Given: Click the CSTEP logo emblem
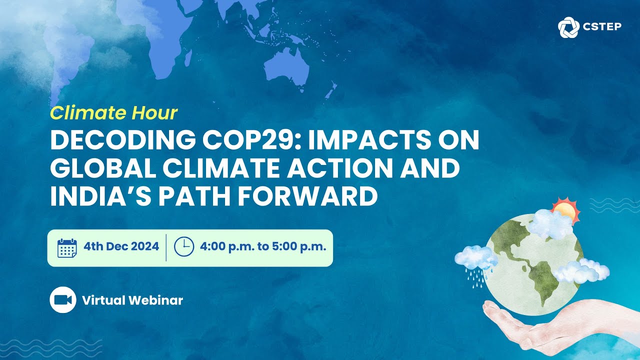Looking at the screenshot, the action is (568, 27).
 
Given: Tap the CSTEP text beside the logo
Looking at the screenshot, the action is (602, 27).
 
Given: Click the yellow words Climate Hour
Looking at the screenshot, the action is (113, 113).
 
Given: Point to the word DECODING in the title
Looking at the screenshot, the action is (123, 140).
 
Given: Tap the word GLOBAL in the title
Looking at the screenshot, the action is (103, 168).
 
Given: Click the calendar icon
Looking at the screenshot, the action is (67, 248).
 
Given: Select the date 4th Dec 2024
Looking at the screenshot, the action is (121, 246).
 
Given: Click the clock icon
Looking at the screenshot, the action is (184, 246).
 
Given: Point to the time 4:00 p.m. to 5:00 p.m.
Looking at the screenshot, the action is (263, 246).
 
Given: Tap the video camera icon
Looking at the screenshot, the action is (63, 300).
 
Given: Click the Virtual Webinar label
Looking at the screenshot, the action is (132, 300).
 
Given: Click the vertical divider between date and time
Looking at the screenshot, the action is (166, 247).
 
